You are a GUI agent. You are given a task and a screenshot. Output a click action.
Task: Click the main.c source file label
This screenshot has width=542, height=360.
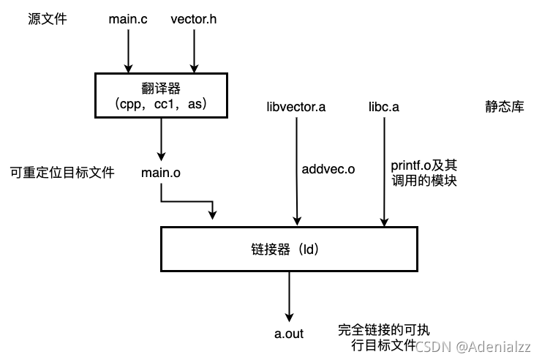point(128,19)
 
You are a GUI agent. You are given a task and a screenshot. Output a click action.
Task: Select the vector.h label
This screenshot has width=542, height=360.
point(194,19)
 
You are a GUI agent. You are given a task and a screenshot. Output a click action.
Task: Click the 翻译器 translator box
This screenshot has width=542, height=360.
point(161,96)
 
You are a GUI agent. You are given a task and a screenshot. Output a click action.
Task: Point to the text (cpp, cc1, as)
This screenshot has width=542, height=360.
point(161,105)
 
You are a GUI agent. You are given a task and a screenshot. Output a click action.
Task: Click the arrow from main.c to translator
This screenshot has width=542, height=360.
point(128,51)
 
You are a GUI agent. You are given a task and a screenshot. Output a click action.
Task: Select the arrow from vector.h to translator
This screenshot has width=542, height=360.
point(194,51)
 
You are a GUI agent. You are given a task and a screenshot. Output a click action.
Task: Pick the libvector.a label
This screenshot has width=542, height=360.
point(296,108)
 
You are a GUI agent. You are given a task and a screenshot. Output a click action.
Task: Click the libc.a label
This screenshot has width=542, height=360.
point(383,108)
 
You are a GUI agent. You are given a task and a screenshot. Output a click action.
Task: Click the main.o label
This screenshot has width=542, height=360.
point(161,173)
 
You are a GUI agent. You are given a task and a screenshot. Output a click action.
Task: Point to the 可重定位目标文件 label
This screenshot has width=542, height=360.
point(62,173)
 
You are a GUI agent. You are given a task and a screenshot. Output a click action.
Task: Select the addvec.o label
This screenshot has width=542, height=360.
point(328,169)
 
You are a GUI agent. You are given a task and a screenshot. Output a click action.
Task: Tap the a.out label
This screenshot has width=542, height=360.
point(289,334)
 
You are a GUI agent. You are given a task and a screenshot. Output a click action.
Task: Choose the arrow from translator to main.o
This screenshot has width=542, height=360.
point(161,139)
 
